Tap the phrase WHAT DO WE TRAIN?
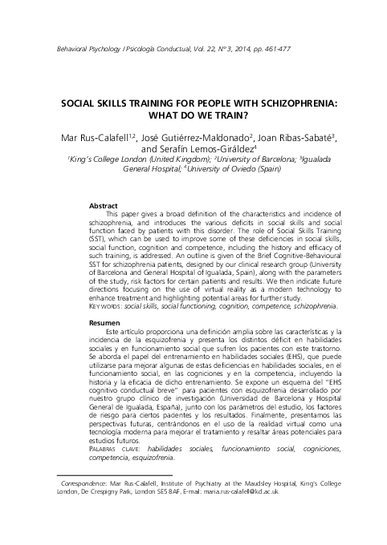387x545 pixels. (x=193, y=117)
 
